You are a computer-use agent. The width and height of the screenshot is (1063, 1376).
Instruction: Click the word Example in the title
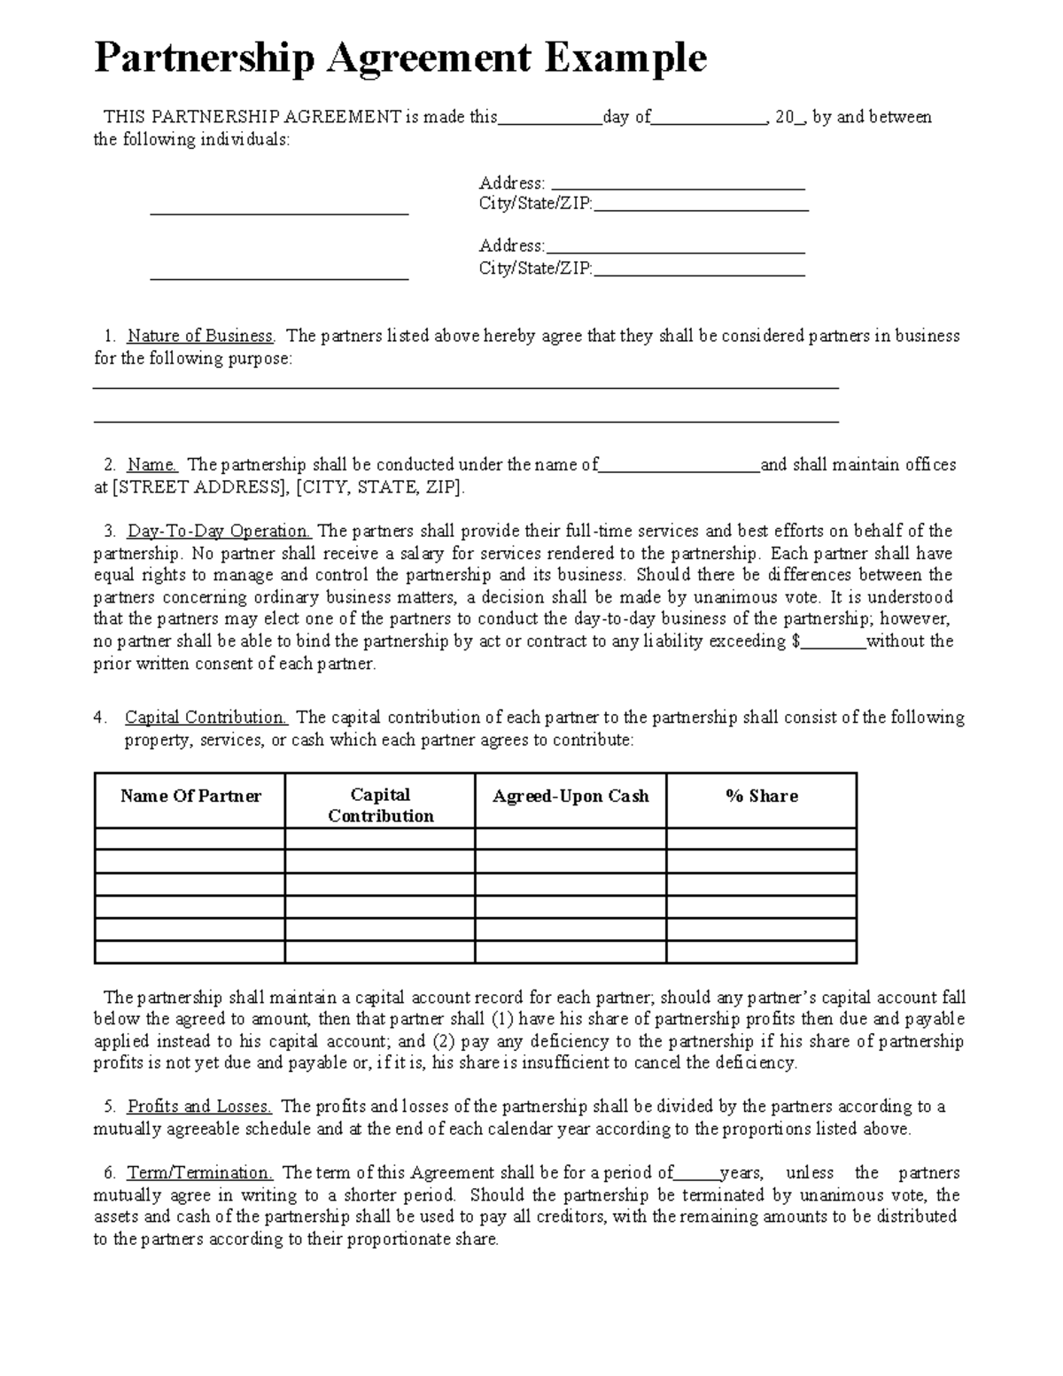click(625, 58)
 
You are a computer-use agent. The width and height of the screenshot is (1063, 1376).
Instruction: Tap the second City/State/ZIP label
click(535, 268)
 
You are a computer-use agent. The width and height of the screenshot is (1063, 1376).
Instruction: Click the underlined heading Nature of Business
click(200, 336)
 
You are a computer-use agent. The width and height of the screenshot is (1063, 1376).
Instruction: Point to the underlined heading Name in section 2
click(152, 464)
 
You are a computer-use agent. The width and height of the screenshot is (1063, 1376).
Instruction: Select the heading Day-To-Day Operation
click(219, 531)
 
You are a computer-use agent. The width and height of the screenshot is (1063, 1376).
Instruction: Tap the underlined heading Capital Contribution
click(206, 717)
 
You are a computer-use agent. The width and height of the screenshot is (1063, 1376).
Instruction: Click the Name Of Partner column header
click(190, 796)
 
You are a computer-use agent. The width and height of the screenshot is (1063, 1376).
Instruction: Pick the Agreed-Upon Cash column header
click(570, 796)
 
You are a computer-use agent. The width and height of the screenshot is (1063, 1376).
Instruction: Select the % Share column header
click(761, 796)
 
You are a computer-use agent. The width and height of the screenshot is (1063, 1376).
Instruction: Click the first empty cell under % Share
click(761, 839)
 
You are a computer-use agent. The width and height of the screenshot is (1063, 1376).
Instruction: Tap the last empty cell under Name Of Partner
click(190, 952)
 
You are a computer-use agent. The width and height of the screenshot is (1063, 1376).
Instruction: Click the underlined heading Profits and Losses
click(199, 1106)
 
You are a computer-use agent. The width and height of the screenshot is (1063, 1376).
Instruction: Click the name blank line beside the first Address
click(279, 210)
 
